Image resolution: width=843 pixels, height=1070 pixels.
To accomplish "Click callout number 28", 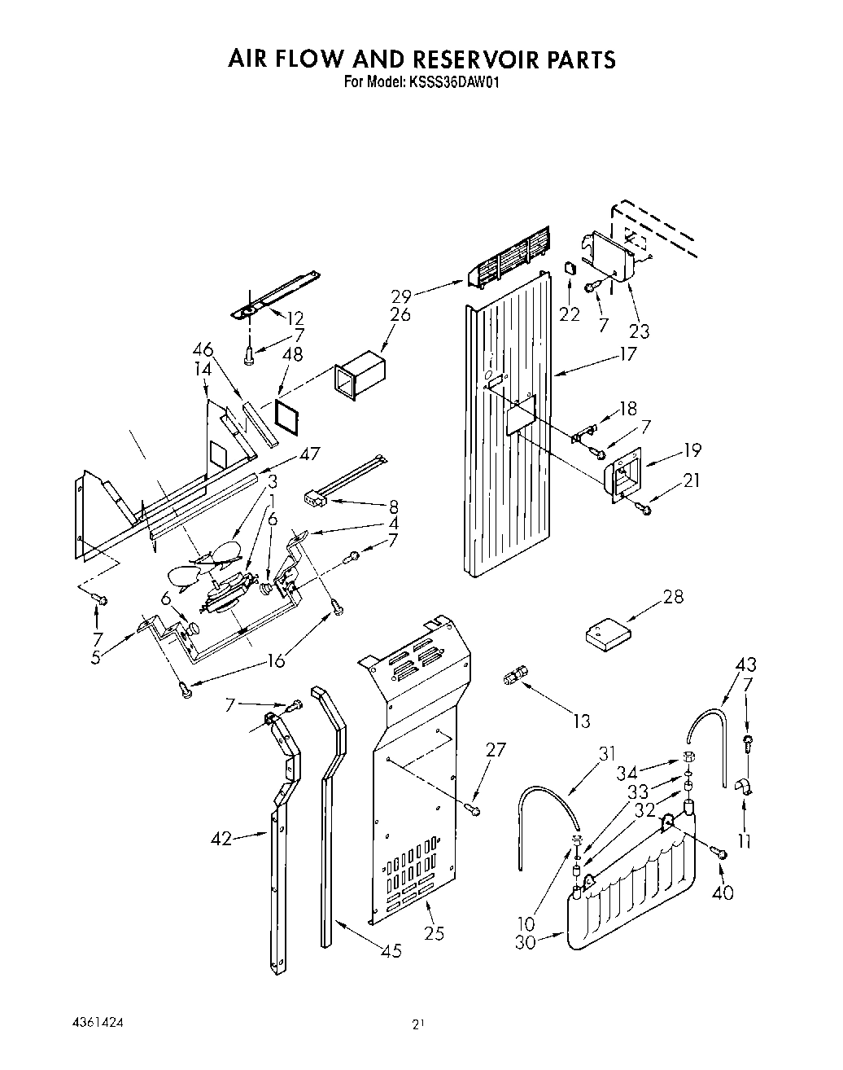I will [x=672, y=597].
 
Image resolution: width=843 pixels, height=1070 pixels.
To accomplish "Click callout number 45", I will [x=391, y=950].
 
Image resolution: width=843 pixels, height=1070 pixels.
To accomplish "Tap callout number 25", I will [x=434, y=932].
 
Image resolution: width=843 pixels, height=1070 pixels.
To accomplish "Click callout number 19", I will [x=692, y=449].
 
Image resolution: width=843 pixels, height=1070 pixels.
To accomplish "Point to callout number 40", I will [x=722, y=892].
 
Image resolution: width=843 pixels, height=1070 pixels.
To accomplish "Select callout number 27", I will [x=497, y=750].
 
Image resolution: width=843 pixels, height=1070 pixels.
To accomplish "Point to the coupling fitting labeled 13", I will [x=516, y=674].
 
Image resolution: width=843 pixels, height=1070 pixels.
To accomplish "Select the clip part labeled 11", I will [x=745, y=787].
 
